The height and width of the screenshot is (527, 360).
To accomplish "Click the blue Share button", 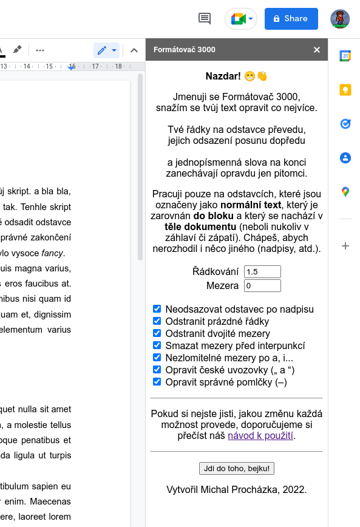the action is pos(291,19).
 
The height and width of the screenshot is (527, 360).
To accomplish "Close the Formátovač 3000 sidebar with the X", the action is pos(317,50).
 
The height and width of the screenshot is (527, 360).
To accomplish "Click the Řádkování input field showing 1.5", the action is pos(262,272).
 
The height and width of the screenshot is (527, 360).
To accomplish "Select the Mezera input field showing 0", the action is pos(262,285).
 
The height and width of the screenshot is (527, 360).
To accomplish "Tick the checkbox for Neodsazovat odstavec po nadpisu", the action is pos(157,309).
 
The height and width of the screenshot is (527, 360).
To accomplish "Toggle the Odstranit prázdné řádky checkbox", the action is pos(157,321).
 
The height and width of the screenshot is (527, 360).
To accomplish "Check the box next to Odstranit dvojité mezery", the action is pos(157,333).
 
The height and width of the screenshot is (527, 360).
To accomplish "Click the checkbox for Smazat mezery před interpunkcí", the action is pos(157,345).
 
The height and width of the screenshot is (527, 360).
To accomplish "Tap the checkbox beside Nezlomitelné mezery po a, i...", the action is pos(157,358).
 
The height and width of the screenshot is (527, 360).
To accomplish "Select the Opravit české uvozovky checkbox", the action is pos(157,370).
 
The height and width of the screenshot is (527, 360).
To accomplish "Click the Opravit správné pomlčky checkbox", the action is pos(157,382).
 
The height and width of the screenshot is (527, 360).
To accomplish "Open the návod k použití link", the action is pos(260,435).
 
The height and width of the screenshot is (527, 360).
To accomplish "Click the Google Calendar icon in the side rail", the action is pos(345,56).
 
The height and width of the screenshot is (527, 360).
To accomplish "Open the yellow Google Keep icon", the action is pos(345,90).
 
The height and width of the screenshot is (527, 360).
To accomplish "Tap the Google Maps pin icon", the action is pos(345,192).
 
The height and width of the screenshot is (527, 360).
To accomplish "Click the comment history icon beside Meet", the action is pos(205,19).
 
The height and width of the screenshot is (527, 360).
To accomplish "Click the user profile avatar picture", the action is pos(340,19).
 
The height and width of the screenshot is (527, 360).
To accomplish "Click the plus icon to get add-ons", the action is pos(345,246).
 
